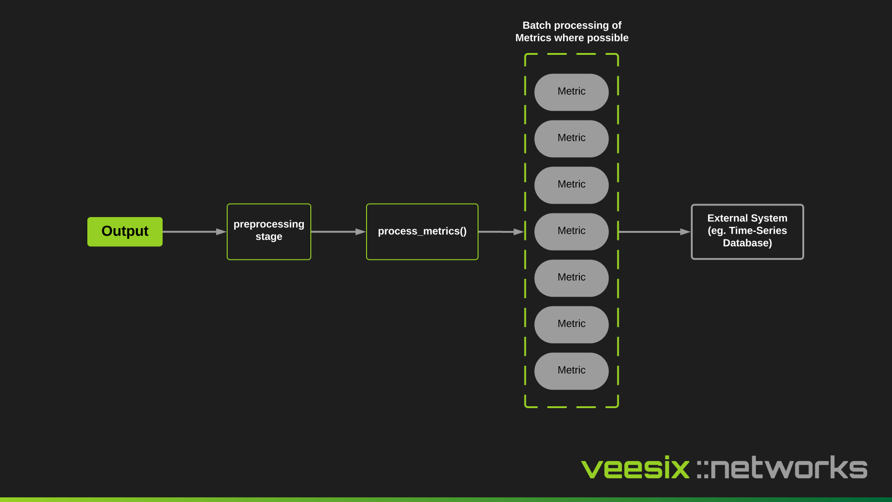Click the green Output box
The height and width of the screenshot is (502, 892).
[x=125, y=231]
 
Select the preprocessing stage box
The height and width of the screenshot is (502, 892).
[x=269, y=231]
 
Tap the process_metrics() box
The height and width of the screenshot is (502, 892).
[x=422, y=231]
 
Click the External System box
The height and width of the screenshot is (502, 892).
[x=747, y=231]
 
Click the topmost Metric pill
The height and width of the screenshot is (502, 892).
[x=571, y=92]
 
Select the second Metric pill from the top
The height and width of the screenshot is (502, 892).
[x=571, y=139]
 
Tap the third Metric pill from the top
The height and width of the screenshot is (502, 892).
[x=571, y=185]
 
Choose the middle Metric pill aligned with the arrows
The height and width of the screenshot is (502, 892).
[x=571, y=231]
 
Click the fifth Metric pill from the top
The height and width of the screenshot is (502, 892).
[x=571, y=278]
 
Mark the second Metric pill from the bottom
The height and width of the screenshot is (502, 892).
[x=571, y=324]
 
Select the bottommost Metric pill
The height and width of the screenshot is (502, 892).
[x=571, y=371]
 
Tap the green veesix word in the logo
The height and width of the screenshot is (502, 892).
[x=635, y=468]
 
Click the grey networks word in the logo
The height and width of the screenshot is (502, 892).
[x=788, y=468]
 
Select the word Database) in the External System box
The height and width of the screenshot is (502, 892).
[x=747, y=243]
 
